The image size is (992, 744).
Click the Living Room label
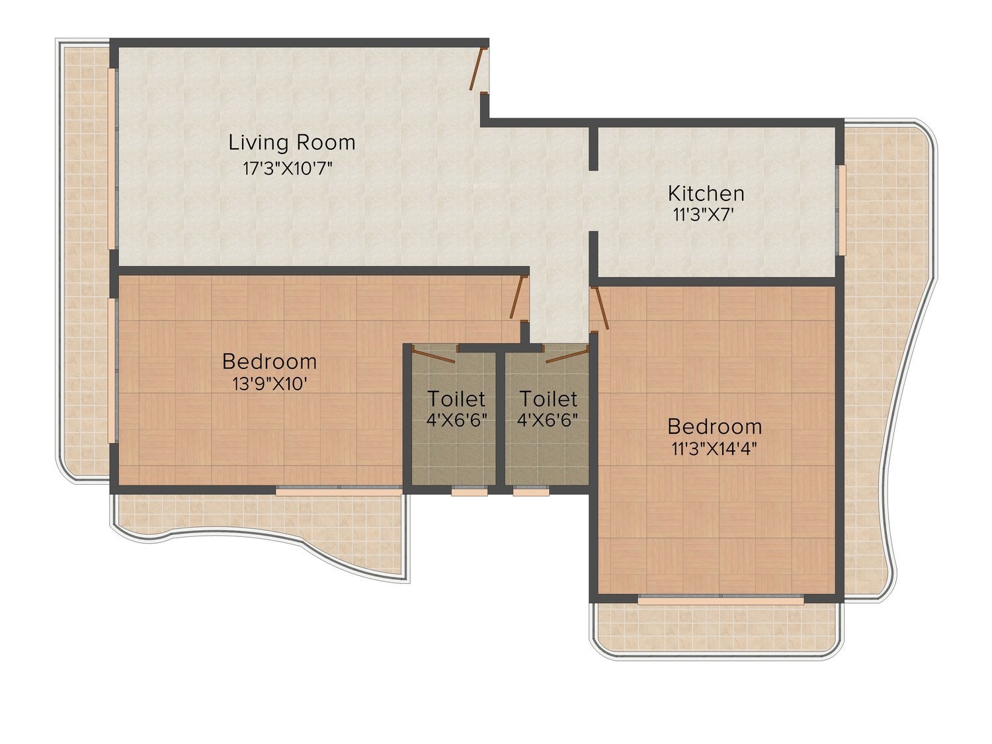(x=292, y=142)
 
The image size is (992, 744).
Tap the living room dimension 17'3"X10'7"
(x=288, y=169)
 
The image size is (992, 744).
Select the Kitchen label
(x=706, y=193)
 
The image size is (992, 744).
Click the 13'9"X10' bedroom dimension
(x=270, y=384)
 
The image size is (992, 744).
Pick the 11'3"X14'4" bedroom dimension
(x=714, y=448)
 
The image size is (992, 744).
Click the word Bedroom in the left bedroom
(x=269, y=362)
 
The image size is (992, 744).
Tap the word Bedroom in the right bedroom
(x=714, y=427)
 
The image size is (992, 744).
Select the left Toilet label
(x=456, y=399)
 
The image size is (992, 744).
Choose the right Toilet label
(x=548, y=399)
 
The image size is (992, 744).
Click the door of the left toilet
(x=433, y=354)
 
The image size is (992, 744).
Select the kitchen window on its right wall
(x=841, y=210)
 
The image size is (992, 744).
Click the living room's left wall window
(x=112, y=157)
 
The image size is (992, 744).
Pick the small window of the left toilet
(x=469, y=491)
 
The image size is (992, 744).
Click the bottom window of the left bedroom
(x=339, y=490)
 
